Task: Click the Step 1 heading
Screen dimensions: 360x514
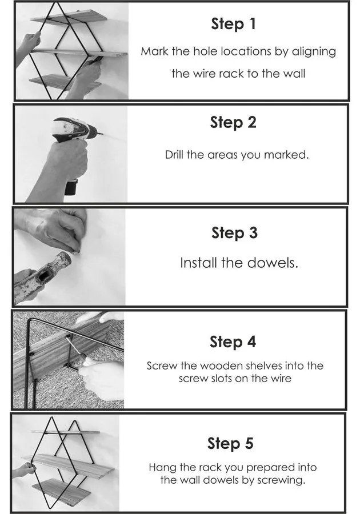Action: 233,24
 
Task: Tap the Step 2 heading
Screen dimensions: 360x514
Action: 233,123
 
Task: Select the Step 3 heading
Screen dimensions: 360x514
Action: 234,233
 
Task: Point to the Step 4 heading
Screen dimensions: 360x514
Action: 233,342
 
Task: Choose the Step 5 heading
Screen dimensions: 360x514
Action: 230,443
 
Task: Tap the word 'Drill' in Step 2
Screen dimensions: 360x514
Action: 174,154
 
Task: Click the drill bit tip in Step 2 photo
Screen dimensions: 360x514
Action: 102,134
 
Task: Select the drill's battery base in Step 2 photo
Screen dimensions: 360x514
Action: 71,187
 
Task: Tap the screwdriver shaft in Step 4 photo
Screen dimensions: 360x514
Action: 73,346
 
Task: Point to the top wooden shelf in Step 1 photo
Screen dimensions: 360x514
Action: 71,17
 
